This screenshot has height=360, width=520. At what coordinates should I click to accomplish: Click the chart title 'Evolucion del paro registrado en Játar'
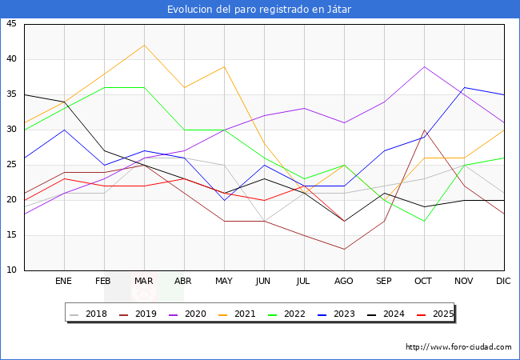coord(259,9)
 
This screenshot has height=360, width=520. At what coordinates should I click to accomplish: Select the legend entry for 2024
coord(390,314)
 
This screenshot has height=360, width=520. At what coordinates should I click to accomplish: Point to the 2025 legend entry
coord(439,314)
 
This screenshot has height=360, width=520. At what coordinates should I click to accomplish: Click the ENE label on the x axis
coord(64,282)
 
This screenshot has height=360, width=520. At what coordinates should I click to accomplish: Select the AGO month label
coord(344,282)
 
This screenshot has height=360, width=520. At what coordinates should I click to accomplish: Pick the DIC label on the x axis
coord(504,282)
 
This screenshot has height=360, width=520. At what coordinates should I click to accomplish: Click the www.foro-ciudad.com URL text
coord(458,347)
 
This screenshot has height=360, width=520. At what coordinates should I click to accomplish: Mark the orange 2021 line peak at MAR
coord(144,45)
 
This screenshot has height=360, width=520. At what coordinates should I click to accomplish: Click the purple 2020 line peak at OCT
coord(424,66)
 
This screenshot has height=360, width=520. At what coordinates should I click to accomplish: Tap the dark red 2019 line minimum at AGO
coord(344,249)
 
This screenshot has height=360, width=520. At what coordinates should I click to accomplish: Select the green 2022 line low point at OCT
coord(424,221)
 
